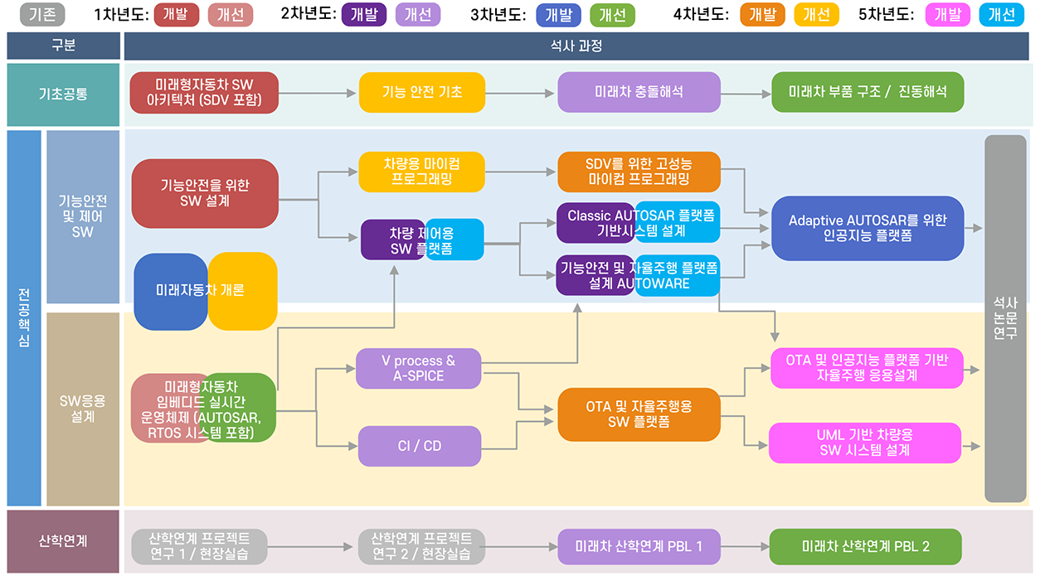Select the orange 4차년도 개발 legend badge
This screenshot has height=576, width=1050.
pos(762,14)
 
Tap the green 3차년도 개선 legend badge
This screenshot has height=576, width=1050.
pos(612,15)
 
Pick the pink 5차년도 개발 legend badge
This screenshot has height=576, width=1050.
pos(947,14)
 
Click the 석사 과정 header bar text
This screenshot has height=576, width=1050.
pos(576,46)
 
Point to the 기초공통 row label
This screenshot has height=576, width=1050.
pos(63,94)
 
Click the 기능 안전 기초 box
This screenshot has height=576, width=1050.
pos(421,92)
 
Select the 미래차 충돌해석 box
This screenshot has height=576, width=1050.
pos(639,92)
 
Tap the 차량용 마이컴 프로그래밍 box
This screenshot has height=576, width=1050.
pos(421,172)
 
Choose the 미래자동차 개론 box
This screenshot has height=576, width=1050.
pos(205,291)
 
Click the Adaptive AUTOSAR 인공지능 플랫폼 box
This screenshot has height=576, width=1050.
pos(868,228)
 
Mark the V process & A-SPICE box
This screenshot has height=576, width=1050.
pos(418,369)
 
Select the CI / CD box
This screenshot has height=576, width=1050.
pos(419,446)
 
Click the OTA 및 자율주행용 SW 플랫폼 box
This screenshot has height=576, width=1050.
pos(639,414)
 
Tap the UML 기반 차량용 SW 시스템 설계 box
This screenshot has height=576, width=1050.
pos(864,443)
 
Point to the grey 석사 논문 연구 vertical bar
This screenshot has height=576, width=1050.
pos(1004,319)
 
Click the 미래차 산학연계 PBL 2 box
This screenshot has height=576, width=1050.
pos(865,547)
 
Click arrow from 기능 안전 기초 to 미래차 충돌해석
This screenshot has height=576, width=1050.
pos(521,93)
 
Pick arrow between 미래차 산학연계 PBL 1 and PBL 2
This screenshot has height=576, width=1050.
pos(745,547)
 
